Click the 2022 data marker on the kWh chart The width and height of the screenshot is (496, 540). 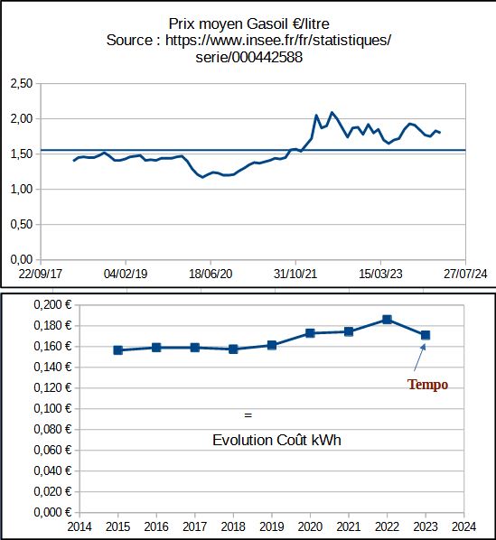[387, 320]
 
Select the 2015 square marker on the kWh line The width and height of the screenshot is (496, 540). [117, 350]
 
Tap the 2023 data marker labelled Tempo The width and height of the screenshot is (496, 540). [426, 335]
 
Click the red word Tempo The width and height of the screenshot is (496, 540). [427, 385]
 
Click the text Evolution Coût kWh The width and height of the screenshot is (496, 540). [276, 440]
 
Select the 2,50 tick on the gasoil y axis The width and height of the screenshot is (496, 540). [22, 83]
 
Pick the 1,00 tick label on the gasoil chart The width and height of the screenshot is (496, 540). [22, 189]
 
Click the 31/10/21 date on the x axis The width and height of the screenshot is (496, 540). [295, 274]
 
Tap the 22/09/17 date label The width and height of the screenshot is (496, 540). [41, 274]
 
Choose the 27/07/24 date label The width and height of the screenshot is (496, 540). [465, 274]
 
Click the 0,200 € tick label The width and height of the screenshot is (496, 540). [52, 305]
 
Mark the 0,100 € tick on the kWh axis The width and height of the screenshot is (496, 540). [52, 409]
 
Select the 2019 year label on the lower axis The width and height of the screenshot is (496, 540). [272, 527]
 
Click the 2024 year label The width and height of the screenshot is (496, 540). [464, 527]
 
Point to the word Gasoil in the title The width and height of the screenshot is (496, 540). [267, 23]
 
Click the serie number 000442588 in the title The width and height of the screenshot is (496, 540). [267, 57]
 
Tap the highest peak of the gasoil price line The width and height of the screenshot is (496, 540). [332, 112]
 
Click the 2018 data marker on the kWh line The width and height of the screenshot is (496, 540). [233, 349]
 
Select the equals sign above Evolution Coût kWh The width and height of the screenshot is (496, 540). [248, 415]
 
